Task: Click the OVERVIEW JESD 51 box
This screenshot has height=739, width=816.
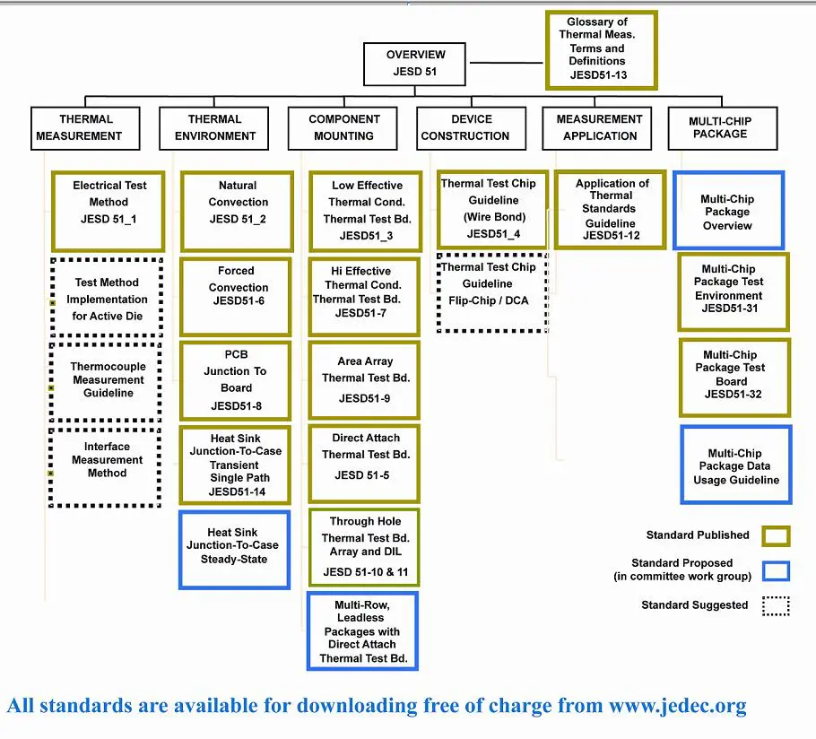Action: point(416,63)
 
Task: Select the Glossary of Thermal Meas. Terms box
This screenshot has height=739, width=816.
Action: point(601,50)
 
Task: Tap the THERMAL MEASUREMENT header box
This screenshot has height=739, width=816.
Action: point(86,128)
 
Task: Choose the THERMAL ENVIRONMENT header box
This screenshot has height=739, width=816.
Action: point(215,128)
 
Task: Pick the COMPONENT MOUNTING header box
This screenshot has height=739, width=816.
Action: point(344,128)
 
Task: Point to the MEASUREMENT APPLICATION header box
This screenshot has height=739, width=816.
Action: point(599,128)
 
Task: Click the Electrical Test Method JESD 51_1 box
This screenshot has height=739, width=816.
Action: point(109,212)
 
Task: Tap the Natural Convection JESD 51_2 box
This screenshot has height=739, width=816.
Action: point(238,212)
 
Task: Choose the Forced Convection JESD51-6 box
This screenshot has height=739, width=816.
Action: point(237,297)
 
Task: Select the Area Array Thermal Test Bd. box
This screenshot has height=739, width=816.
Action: point(364,380)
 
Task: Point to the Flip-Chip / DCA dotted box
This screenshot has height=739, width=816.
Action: point(491,292)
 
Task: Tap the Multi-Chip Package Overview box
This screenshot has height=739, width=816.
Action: point(728,211)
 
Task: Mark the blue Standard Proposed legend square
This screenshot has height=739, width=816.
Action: point(776,570)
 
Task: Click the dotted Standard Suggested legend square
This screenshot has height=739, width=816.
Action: point(776,605)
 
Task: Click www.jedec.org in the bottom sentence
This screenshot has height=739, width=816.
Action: point(677,706)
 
